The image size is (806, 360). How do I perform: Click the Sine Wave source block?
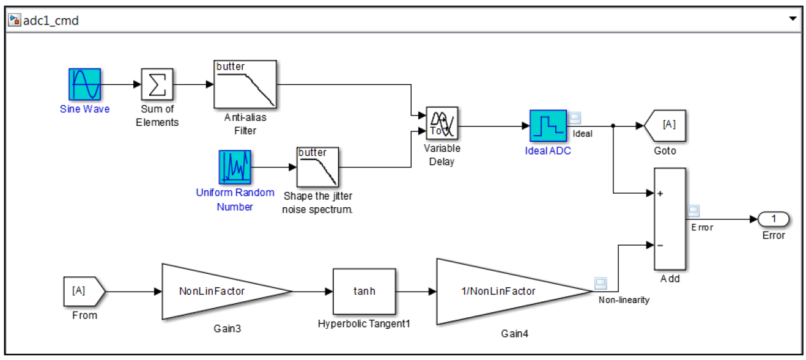click(x=84, y=84)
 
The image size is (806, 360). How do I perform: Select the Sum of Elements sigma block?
click(x=157, y=84)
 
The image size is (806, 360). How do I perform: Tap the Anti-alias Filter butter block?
click(x=245, y=84)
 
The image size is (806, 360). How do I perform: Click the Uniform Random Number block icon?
click(x=235, y=167)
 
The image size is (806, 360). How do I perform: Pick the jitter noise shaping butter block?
click(x=318, y=167)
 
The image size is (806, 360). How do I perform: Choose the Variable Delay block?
click(x=442, y=125)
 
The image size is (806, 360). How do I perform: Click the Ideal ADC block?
click(x=547, y=127)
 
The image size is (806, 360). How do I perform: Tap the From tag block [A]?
click(x=83, y=291)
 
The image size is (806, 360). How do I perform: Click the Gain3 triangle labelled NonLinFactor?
click(x=217, y=292)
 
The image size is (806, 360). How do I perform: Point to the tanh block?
click(x=364, y=292)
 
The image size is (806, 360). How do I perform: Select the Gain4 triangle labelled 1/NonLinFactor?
click(x=502, y=292)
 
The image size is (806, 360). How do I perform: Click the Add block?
click(x=670, y=219)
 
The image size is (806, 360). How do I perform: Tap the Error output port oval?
click(x=773, y=219)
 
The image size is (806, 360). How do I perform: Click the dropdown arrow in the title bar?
click(x=793, y=19)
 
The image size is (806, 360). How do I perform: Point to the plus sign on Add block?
click(x=660, y=194)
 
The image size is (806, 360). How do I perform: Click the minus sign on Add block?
click(x=660, y=245)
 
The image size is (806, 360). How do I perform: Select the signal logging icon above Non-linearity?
click(x=601, y=283)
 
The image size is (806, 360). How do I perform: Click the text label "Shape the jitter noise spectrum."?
click(x=318, y=202)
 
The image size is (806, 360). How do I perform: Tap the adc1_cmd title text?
click(x=51, y=21)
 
